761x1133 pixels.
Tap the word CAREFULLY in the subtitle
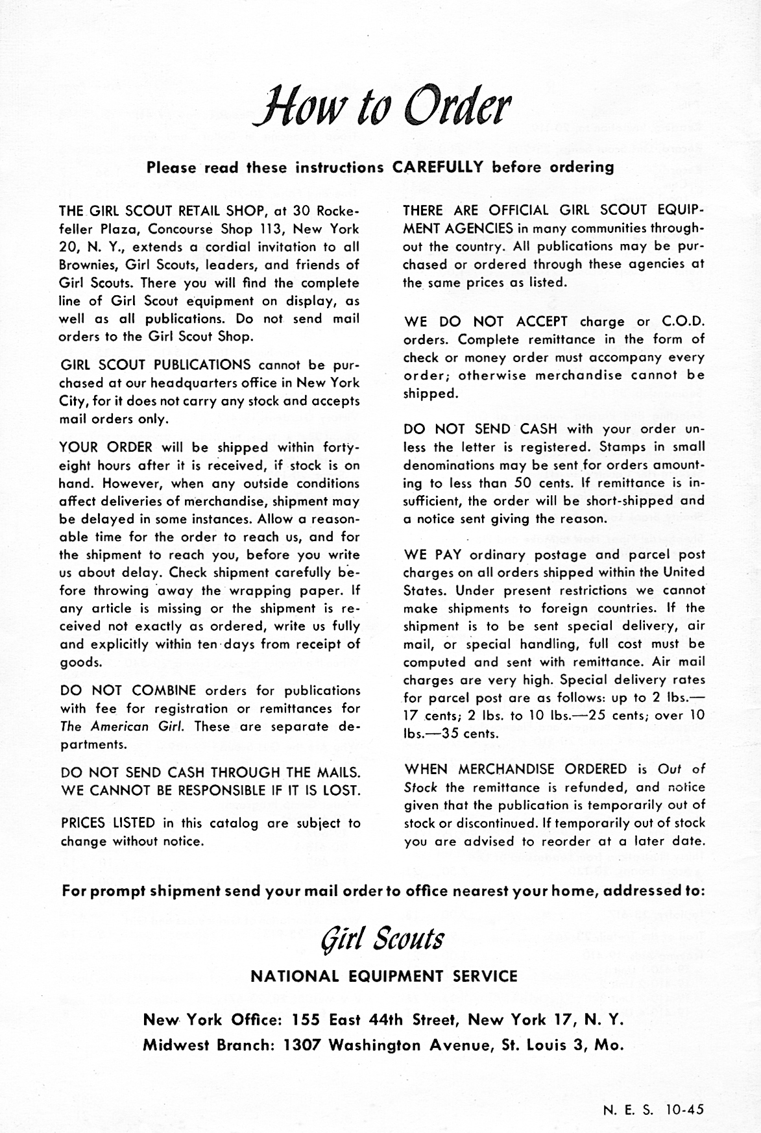[x=439, y=167]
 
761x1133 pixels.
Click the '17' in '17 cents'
[x=411, y=716]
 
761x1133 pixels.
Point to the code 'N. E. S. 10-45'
[x=652, y=1108]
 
